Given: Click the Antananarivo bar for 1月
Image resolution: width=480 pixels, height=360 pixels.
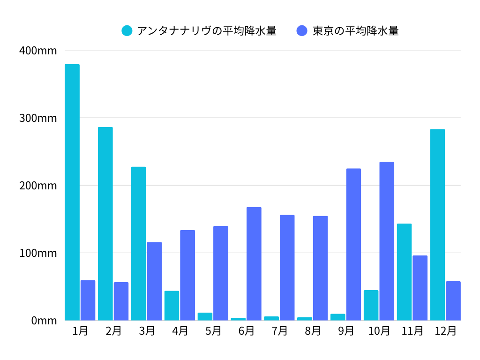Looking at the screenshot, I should [x=72, y=192].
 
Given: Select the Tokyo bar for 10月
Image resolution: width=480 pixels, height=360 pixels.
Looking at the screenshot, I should [x=387, y=241].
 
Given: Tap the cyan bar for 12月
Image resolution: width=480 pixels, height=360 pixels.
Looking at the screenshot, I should [x=437, y=225].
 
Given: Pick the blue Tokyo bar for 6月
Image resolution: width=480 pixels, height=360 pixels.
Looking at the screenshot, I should [x=254, y=263].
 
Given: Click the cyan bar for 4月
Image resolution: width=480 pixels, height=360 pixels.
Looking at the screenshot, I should [x=172, y=306].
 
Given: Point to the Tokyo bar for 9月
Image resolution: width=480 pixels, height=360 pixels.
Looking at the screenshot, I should [x=353, y=244].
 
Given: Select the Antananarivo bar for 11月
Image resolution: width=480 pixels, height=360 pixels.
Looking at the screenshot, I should [x=404, y=272].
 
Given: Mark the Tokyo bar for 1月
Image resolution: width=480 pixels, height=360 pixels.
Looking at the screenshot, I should [x=88, y=300].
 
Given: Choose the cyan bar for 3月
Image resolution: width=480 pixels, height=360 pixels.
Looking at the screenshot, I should [x=138, y=243].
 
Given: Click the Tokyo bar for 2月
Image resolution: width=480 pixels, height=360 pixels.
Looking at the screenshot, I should [x=121, y=301].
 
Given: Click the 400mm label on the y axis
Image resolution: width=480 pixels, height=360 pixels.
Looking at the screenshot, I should [x=38, y=51].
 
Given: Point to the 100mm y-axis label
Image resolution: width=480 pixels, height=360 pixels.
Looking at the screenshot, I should [x=38, y=253].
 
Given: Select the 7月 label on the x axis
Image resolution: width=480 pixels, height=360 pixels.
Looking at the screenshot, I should [x=280, y=331].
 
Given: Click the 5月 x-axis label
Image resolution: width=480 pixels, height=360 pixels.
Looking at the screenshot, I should [x=213, y=331].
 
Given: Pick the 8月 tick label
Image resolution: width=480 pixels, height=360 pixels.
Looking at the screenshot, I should [x=313, y=331].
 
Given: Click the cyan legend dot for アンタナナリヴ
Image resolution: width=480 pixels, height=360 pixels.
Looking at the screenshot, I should [x=127, y=31].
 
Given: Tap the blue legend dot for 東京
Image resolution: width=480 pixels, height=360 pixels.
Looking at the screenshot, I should [x=302, y=31].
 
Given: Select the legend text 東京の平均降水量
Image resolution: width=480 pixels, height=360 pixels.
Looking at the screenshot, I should [x=355, y=31].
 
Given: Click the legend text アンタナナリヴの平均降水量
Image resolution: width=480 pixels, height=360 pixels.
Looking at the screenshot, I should [x=207, y=31].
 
